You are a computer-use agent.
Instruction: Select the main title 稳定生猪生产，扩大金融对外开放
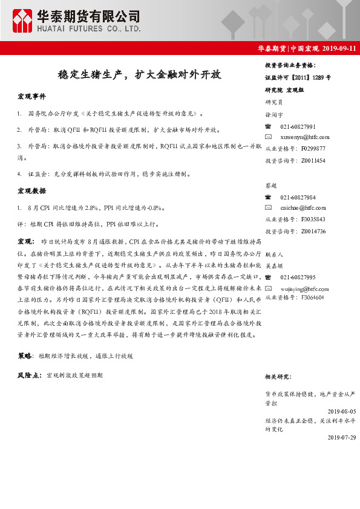click(139, 76)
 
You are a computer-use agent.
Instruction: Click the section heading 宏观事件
click(31, 97)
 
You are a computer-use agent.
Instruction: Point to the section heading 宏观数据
click(31, 192)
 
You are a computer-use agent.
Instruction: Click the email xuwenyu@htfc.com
click(305, 138)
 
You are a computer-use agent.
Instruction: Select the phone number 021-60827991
click(298, 126)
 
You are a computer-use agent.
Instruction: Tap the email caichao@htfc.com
click(303, 209)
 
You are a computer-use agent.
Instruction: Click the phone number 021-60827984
click(298, 198)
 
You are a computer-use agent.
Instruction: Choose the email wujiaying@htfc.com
click(305, 287)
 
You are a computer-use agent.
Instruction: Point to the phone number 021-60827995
click(298, 277)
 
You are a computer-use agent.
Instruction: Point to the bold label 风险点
click(29, 375)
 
